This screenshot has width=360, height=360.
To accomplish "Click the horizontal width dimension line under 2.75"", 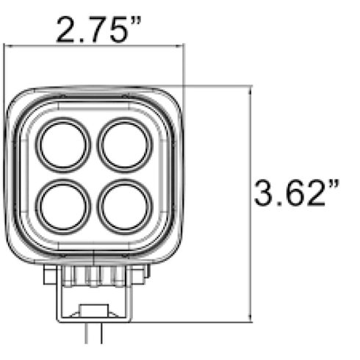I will click(x=96, y=46).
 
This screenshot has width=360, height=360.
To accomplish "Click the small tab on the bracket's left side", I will click(x=50, y=276).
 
